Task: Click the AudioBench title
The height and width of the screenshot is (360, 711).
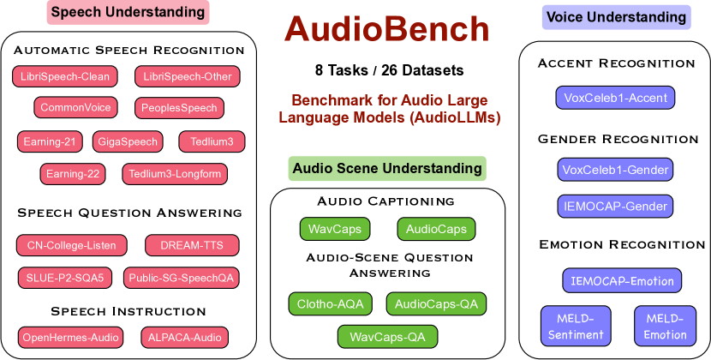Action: click(x=387, y=30)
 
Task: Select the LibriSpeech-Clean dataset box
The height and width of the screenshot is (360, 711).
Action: click(x=65, y=77)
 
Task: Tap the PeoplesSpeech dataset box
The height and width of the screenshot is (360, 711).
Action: click(x=180, y=108)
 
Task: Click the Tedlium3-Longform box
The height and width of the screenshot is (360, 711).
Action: click(x=175, y=174)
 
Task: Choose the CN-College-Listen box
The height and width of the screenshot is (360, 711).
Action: click(x=72, y=245)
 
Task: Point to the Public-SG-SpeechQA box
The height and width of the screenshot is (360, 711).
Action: click(x=181, y=278)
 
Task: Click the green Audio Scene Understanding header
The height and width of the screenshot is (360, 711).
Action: click(x=387, y=169)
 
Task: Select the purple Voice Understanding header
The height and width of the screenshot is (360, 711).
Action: click(x=616, y=17)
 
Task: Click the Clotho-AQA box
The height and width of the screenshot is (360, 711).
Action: click(x=330, y=303)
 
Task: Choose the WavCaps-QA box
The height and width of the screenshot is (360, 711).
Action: click(x=387, y=336)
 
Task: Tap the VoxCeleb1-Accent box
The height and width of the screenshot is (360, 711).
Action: click(x=615, y=98)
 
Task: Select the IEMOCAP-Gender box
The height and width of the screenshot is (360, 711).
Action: click(x=615, y=206)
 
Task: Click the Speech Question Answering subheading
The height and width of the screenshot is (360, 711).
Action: click(x=129, y=213)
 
